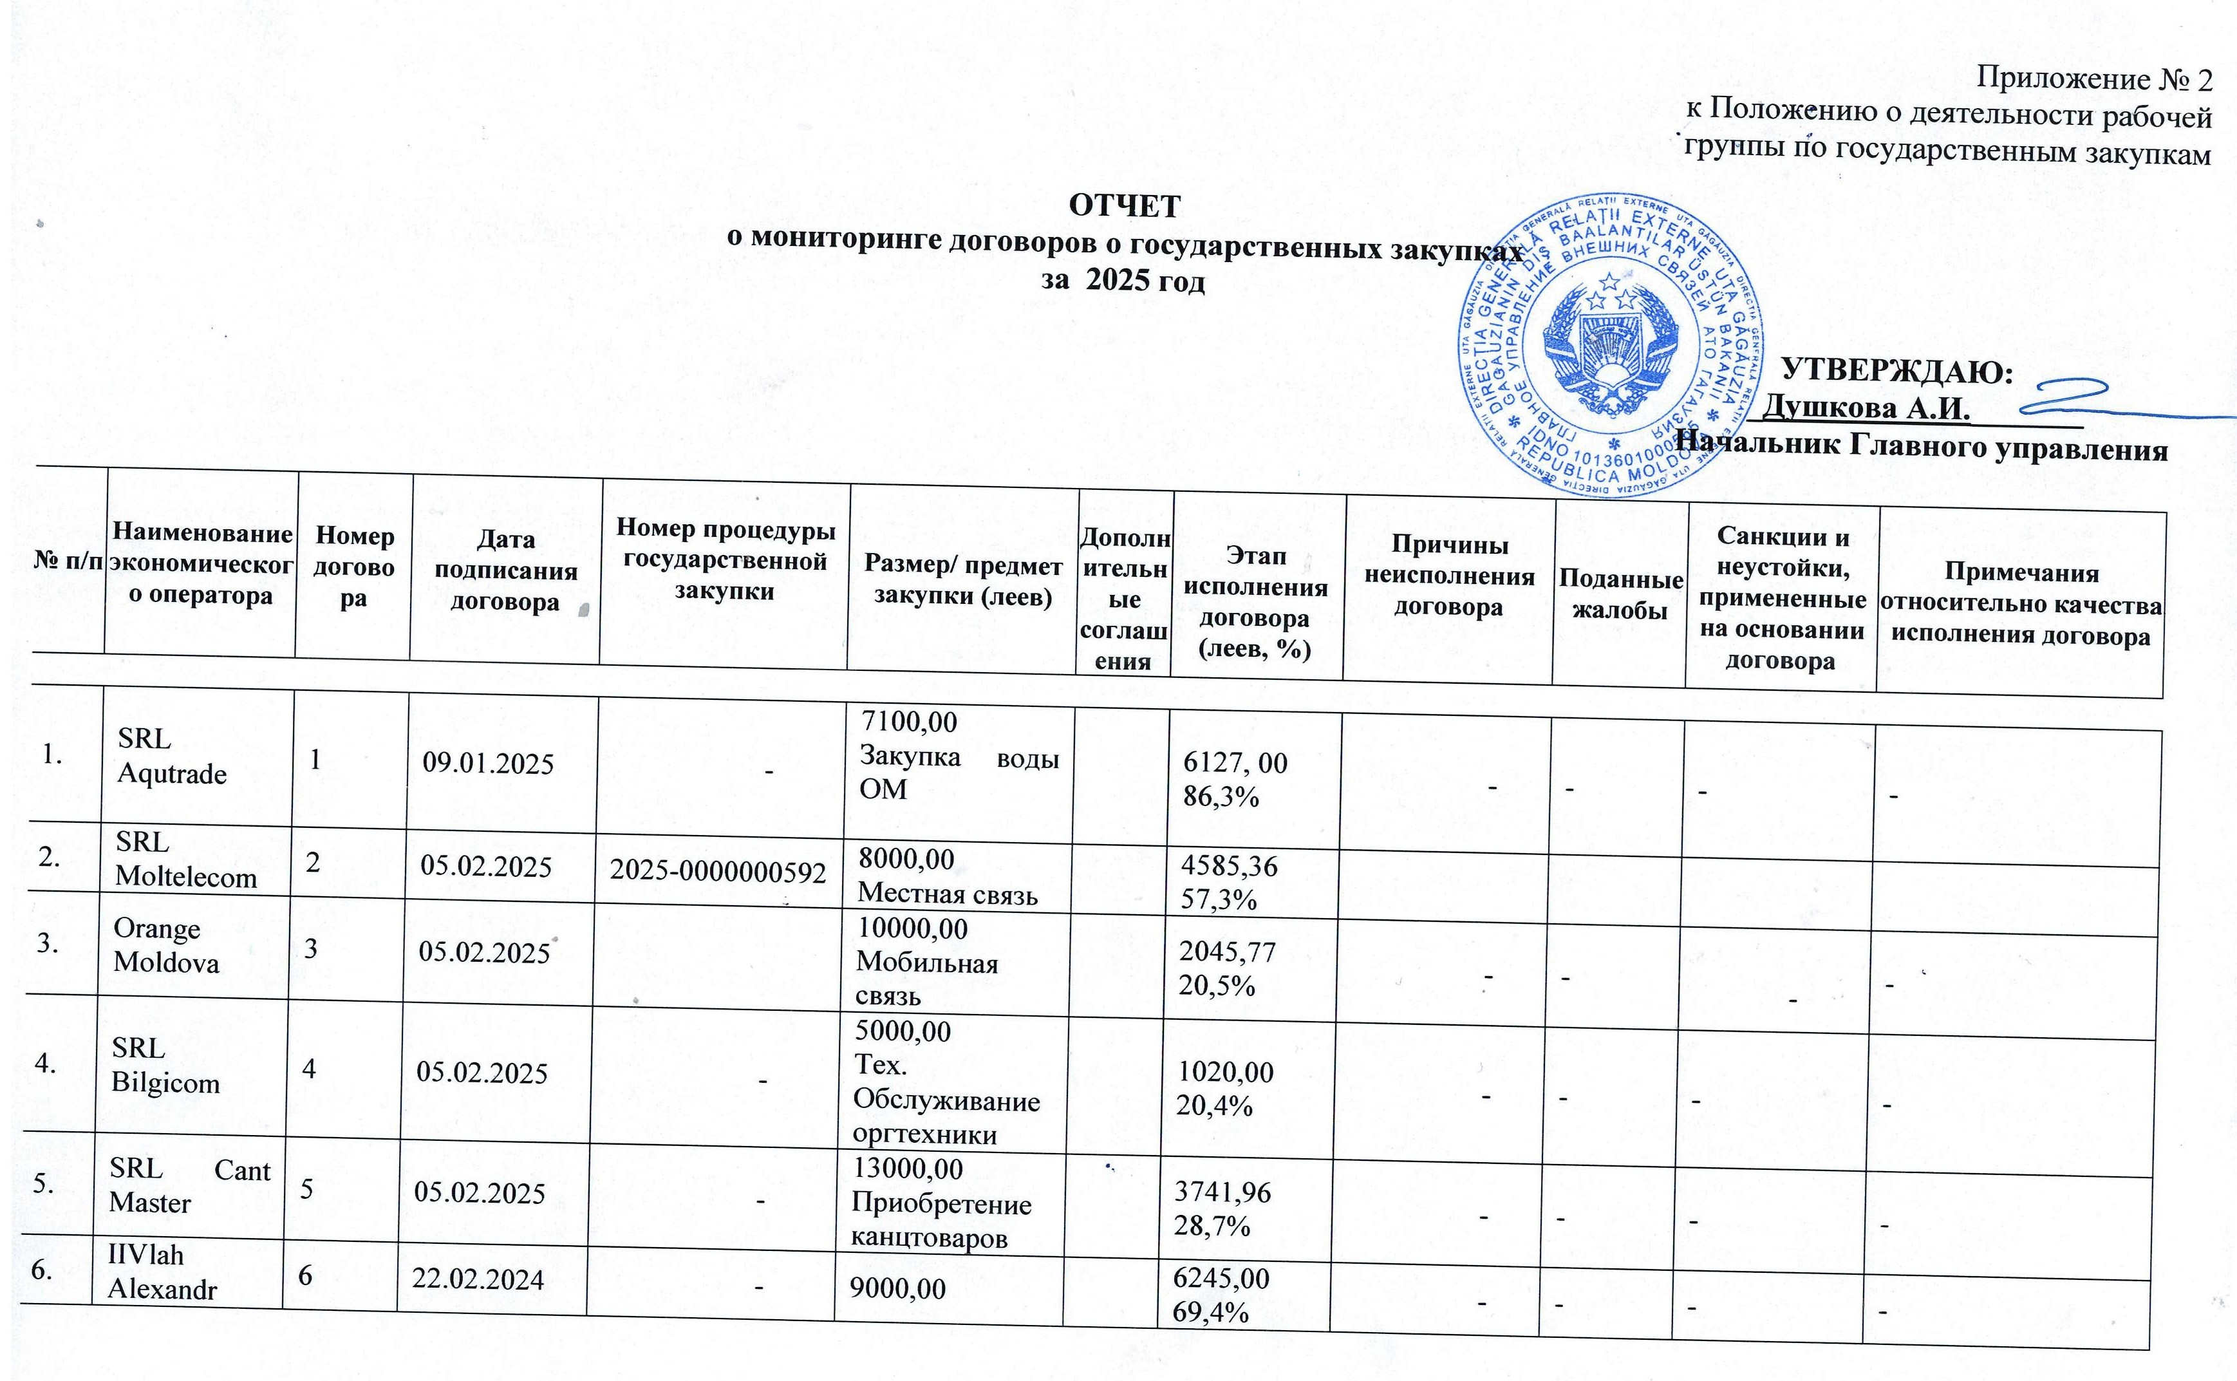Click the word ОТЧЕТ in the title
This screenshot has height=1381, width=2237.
pyautogui.click(x=1124, y=207)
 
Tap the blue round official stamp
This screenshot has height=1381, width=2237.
pyautogui.click(x=1609, y=347)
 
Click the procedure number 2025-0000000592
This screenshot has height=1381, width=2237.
pyautogui.click(x=718, y=872)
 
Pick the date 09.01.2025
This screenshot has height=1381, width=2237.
pyautogui.click(x=487, y=764)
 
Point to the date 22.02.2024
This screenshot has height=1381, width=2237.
pyautogui.click(x=478, y=1280)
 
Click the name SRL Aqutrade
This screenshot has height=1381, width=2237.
pyautogui.click(x=172, y=756)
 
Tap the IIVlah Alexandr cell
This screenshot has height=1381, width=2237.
pyautogui.click(x=162, y=1272)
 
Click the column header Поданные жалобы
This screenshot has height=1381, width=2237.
pyautogui.click(x=1620, y=595)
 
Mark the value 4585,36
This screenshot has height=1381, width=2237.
pyautogui.click(x=1228, y=866)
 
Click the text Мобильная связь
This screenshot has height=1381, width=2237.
pyautogui.click(x=927, y=978)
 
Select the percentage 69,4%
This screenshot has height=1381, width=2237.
pyautogui.click(x=1211, y=1311)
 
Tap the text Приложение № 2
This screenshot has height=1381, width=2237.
pyautogui.click(x=2093, y=80)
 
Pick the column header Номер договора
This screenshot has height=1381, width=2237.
pyautogui.click(x=353, y=567)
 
